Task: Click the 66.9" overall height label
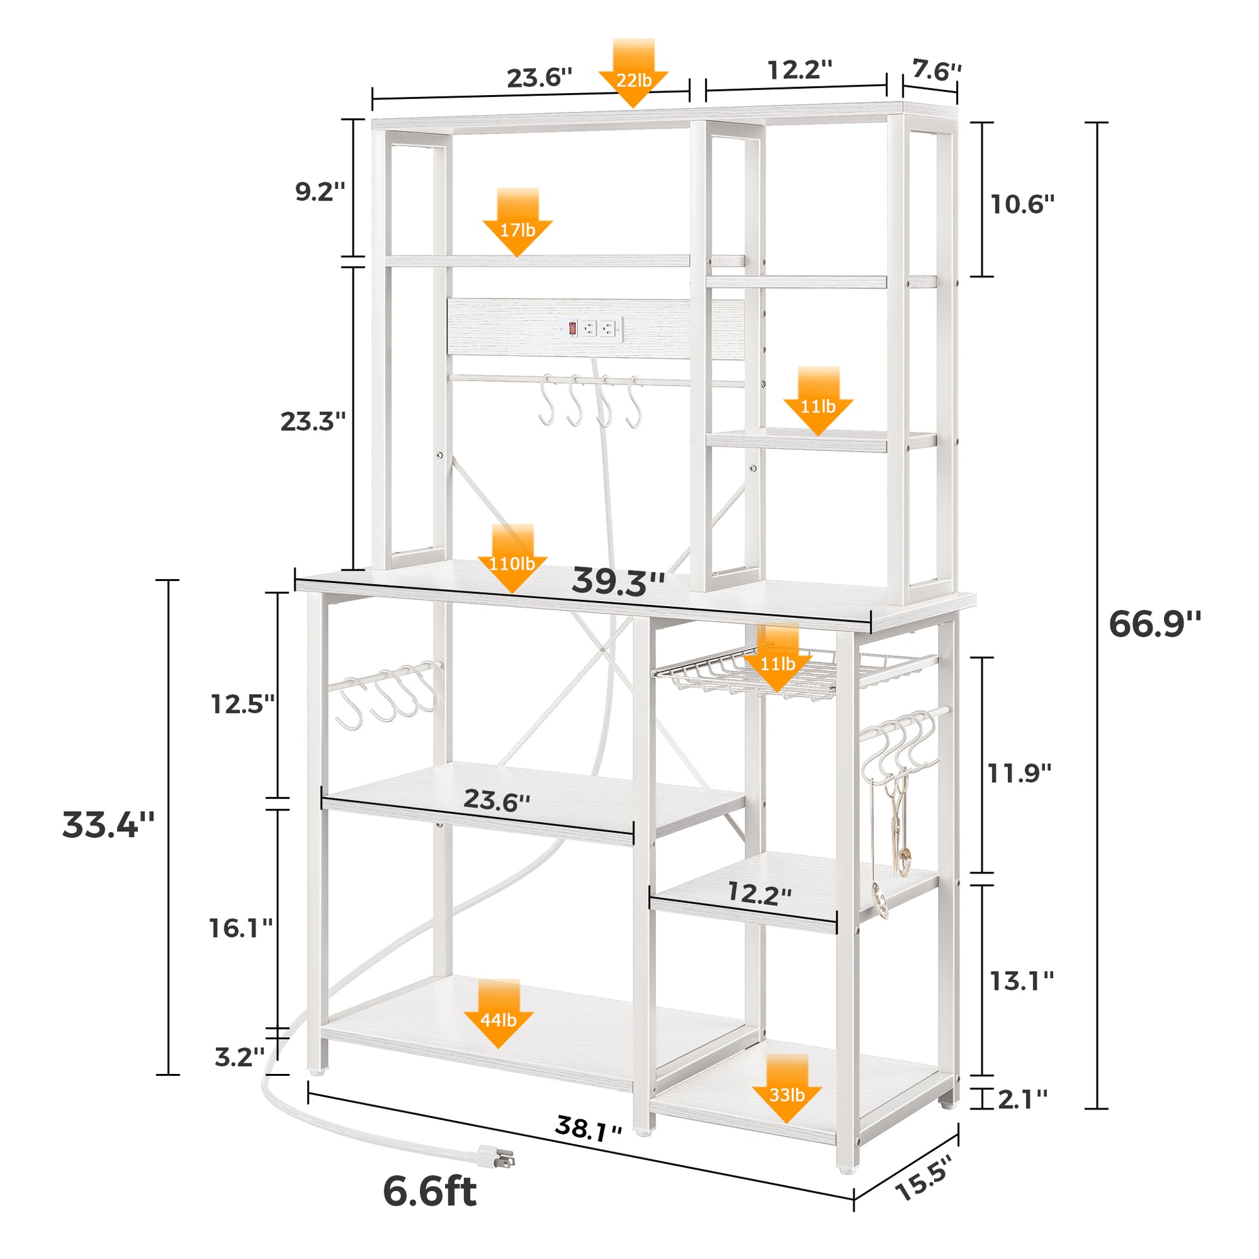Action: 1155,624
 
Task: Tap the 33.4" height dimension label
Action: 108,824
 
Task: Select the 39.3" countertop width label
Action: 618,582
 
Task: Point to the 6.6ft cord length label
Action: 430,1190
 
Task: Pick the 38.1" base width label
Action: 589,1128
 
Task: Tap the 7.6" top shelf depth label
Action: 936,71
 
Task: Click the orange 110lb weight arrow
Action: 512,558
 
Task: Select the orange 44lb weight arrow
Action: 499,1013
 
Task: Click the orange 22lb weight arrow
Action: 633,73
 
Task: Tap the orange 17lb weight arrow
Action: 518,222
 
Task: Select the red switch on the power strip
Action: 572,328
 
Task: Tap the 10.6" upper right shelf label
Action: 1022,204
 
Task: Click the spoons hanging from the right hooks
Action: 891,846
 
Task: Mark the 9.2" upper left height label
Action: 320,192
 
